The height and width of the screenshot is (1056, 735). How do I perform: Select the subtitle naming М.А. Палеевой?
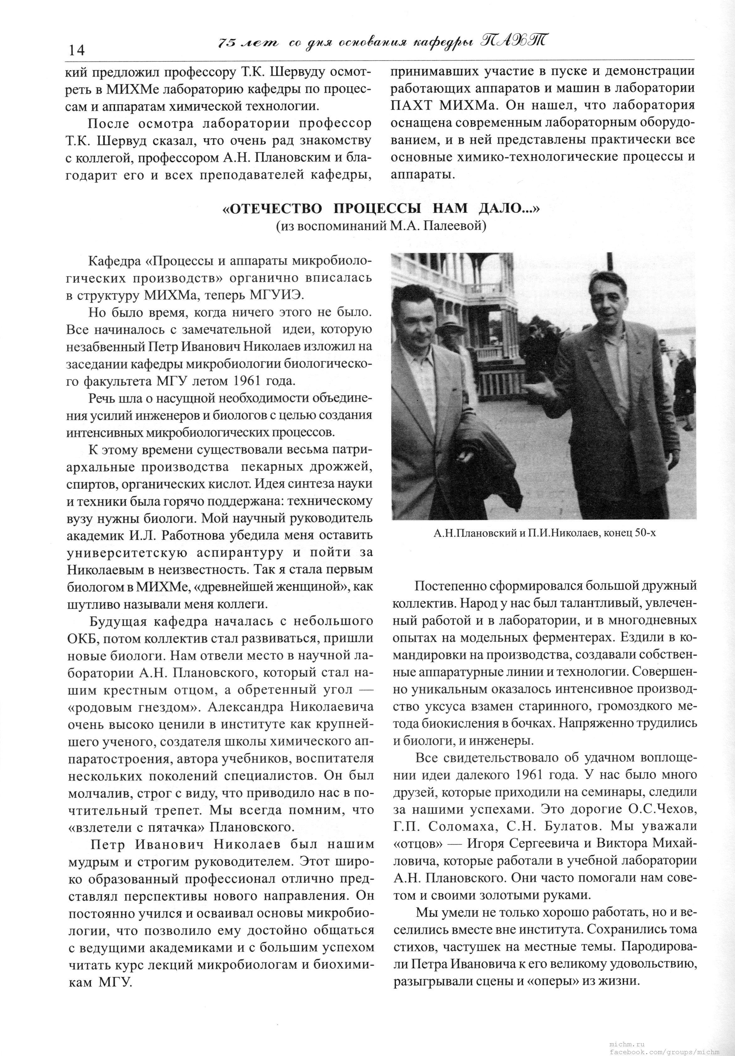point(381,226)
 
